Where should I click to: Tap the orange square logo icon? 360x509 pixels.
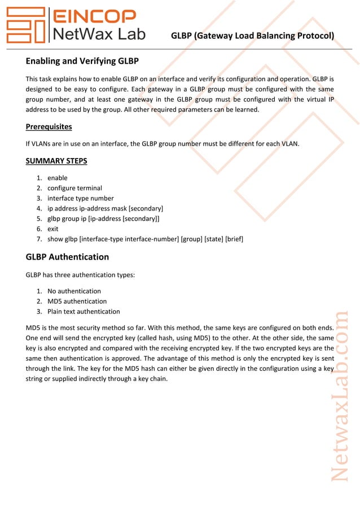[x=26, y=25]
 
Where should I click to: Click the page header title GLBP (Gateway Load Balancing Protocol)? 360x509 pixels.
[x=252, y=36]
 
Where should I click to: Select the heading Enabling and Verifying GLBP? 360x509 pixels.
[x=82, y=61]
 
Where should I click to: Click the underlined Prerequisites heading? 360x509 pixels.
[x=49, y=126]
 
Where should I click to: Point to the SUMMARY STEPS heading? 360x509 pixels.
[x=56, y=161]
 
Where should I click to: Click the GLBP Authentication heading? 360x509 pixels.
[x=67, y=257]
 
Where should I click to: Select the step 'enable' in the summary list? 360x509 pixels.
[x=57, y=178]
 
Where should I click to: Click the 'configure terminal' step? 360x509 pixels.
[x=74, y=188]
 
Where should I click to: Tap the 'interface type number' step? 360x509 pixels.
[x=80, y=198]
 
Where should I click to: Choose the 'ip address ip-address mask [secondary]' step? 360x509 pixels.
[x=105, y=208]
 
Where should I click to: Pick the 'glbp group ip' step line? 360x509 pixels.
[x=103, y=218]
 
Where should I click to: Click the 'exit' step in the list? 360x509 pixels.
[x=53, y=229]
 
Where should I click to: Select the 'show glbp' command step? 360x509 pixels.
[x=145, y=239]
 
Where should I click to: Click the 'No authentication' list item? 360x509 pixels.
[x=74, y=291]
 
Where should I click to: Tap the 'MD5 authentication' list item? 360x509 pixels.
[x=77, y=301]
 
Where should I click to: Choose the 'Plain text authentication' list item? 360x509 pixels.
[x=84, y=311]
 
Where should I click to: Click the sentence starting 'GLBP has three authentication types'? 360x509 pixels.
[x=80, y=275]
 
